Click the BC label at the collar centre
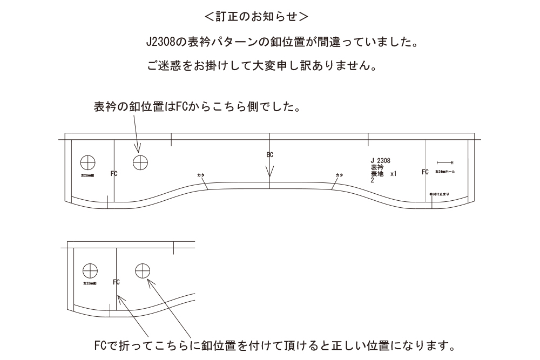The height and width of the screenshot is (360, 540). pyautogui.click(x=270, y=155)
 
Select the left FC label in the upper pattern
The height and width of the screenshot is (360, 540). pyautogui.click(x=114, y=173)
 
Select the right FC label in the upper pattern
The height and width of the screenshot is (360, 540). pyautogui.click(x=426, y=172)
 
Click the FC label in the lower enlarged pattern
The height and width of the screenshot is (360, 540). pyautogui.click(x=116, y=282)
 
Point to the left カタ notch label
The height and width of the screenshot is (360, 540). pyautogui.click(x=201, y=175)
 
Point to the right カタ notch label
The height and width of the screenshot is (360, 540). pyautogui.click(x=339, y=175)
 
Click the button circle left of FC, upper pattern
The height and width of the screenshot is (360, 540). pyautogui.click(x=87, y=161)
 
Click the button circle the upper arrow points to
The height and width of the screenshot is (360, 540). pyautogui.click(x=140, y=161)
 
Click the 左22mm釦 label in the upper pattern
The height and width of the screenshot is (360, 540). pyautogui.click(x=88, y=176)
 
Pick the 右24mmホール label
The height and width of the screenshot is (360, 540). pyautogui.click(x=445, y=171)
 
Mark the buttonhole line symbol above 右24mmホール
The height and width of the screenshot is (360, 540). pyautogui.click(x=444, y=162)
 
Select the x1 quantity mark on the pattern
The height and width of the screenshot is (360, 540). pyautogui.click(x=393, y=174)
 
